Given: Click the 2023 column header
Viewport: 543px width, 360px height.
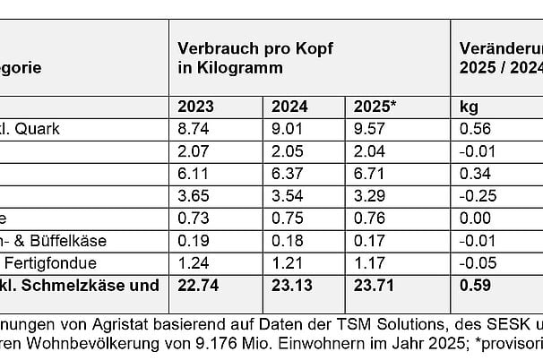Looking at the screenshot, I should (195, 107).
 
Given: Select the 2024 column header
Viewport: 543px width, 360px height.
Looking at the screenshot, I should (289, 107).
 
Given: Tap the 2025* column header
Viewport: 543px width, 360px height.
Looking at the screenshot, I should (377, 107).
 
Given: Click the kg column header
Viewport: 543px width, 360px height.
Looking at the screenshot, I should (469, 107).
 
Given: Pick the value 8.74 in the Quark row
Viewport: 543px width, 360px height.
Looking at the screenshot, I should (194, 128).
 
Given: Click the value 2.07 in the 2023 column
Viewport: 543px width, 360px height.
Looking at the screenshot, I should (194, 150).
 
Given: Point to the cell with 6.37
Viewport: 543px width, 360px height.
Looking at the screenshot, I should (287, 173).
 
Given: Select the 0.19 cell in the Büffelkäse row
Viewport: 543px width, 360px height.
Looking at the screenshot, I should (194, 240).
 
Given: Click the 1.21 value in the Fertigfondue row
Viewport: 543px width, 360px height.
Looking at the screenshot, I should (287, 262).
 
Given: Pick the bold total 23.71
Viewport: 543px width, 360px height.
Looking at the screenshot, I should (376, 286).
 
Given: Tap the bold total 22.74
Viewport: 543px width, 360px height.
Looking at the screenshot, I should (198, 286).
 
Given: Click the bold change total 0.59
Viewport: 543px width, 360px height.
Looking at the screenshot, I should (474, 286).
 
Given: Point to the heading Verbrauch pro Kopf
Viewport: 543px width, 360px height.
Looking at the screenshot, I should (255, 48).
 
